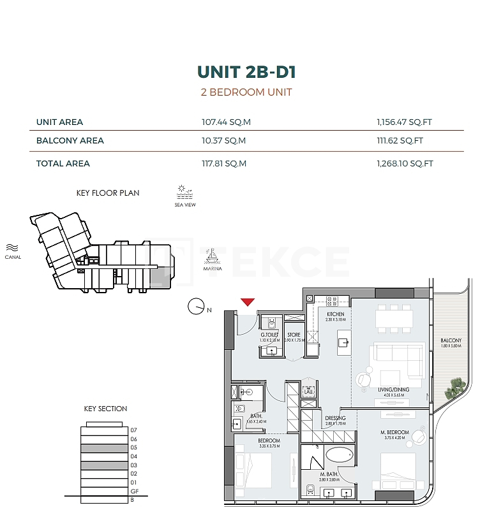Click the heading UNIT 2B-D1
coord(246,71)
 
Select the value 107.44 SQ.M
coord(223,122)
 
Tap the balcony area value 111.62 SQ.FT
coord(400,140)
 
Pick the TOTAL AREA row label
coord(63,163)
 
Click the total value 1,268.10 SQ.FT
coord(405,163)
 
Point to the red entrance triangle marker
coord(248,302)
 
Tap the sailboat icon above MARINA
coord(213,256)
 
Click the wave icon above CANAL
coord(12,247)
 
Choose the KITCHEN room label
coord(335,314)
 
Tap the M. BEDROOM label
coord(390,432)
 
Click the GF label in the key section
coord(134,491)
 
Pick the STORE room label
coord(294,335)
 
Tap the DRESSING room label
coord(335,418)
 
